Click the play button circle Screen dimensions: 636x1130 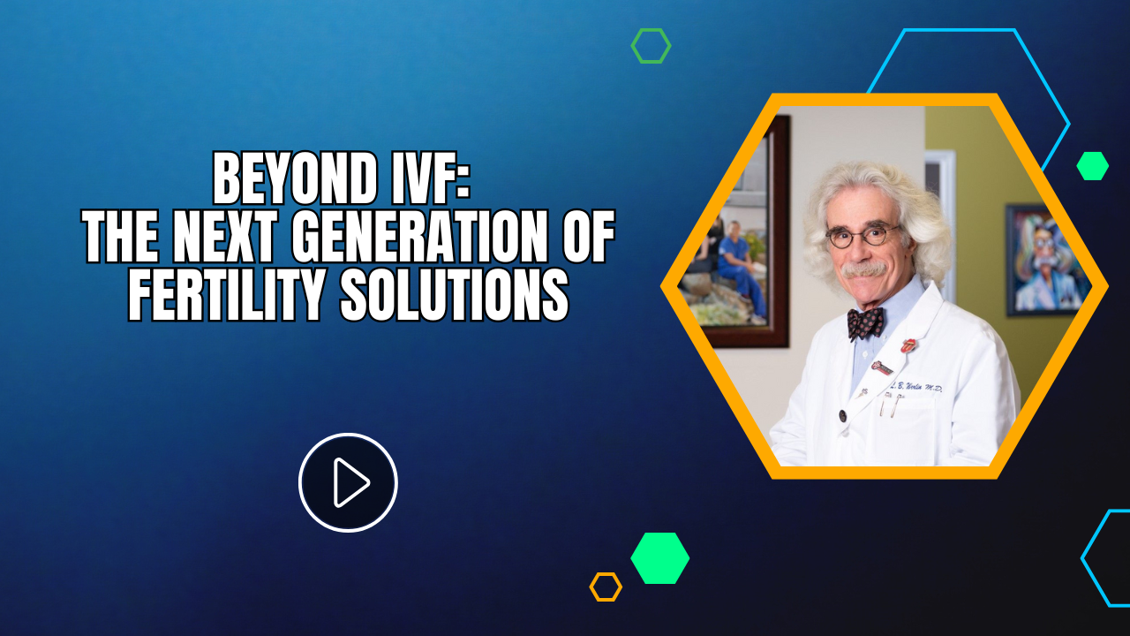pyautogui.click(x=348, y=482)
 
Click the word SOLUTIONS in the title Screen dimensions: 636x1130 pyautogui.click(x=455, y=297)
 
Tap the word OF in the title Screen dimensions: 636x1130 pyautogui.click(x=584, y=239)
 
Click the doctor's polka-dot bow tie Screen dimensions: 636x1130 pyautogui.click(x=865, y=322)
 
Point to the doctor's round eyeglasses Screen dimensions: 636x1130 pyautogui.click(x=863, y=235)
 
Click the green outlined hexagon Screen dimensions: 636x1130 pyautogui.click(x=651, y=46)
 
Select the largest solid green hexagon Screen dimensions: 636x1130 pyautogui.click(x=659, y=558)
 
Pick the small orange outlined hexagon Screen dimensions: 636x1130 pyautogui.click(x=606, y=587)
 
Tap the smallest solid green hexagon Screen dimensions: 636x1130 pyautogui.click(x=1092, y=166)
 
